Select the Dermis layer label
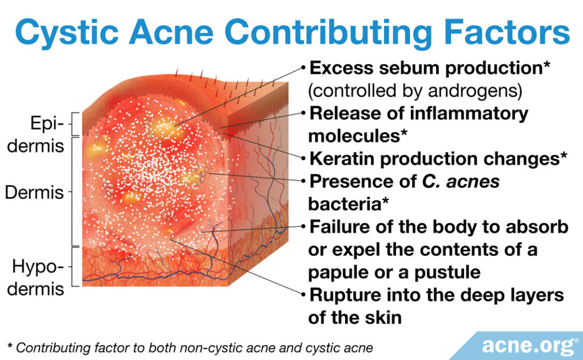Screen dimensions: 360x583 coord(34,192)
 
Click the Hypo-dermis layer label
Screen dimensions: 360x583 coord(38,278)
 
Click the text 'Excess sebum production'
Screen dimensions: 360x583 coord(425,68)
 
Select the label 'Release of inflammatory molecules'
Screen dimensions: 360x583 coord(418,124)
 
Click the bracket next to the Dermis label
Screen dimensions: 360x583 coord(75,191)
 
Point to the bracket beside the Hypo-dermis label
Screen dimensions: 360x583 coord(75,266)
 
